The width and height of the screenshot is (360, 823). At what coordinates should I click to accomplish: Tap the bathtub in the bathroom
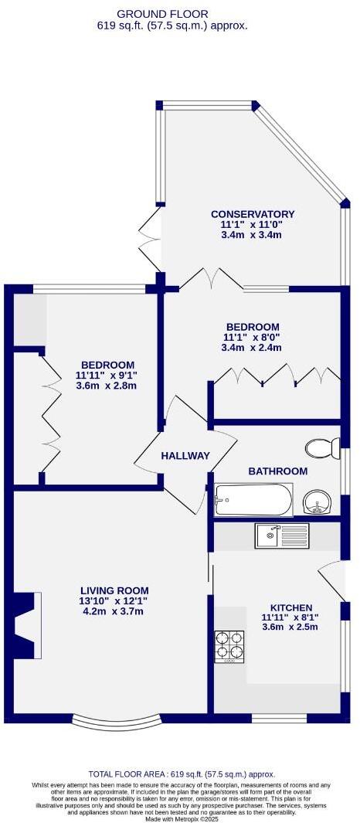253,500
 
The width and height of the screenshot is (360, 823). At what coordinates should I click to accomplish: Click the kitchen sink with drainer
283,535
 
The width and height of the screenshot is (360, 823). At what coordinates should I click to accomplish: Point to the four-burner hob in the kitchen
229,646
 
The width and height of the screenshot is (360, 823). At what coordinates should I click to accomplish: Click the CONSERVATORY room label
253,214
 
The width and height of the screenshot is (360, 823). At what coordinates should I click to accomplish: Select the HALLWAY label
185,456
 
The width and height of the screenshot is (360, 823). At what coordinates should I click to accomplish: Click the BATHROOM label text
277,471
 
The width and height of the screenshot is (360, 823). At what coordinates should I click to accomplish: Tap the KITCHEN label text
285,607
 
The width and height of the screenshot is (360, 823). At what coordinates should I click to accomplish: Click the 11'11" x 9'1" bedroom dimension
107,376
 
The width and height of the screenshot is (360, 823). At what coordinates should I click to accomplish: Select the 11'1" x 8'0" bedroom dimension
252,338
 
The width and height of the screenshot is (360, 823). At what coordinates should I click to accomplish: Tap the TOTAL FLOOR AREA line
182,774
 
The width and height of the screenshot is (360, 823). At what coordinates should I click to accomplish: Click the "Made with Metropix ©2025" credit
182,818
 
